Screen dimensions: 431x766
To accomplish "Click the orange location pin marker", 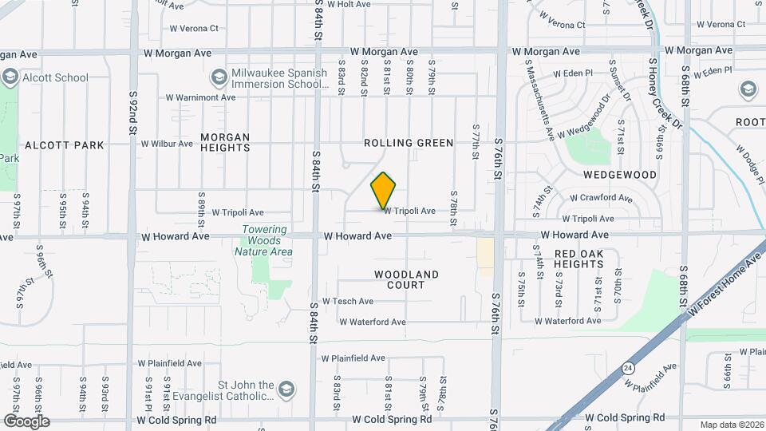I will [384, 191].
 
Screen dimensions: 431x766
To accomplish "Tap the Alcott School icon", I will [10, 77].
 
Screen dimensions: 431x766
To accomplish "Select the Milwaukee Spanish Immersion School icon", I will [218, 77].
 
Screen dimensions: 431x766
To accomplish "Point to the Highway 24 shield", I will [630, 368].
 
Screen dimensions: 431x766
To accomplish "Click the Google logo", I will [26, 421].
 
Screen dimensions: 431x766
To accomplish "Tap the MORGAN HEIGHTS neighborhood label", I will [225, 142].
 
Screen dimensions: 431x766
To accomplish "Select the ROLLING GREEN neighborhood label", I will [409, 143].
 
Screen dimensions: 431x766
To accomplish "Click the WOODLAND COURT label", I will [407, 279].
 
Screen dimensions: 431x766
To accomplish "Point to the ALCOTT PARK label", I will [65, 145].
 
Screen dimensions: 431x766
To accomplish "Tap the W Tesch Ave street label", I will [347, 302].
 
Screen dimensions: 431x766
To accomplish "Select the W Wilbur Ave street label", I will [167, 144].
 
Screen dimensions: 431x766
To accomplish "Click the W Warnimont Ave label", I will [201, 97].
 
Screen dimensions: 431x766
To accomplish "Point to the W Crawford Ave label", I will [602, 198].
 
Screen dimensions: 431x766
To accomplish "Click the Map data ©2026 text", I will [731, 425].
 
